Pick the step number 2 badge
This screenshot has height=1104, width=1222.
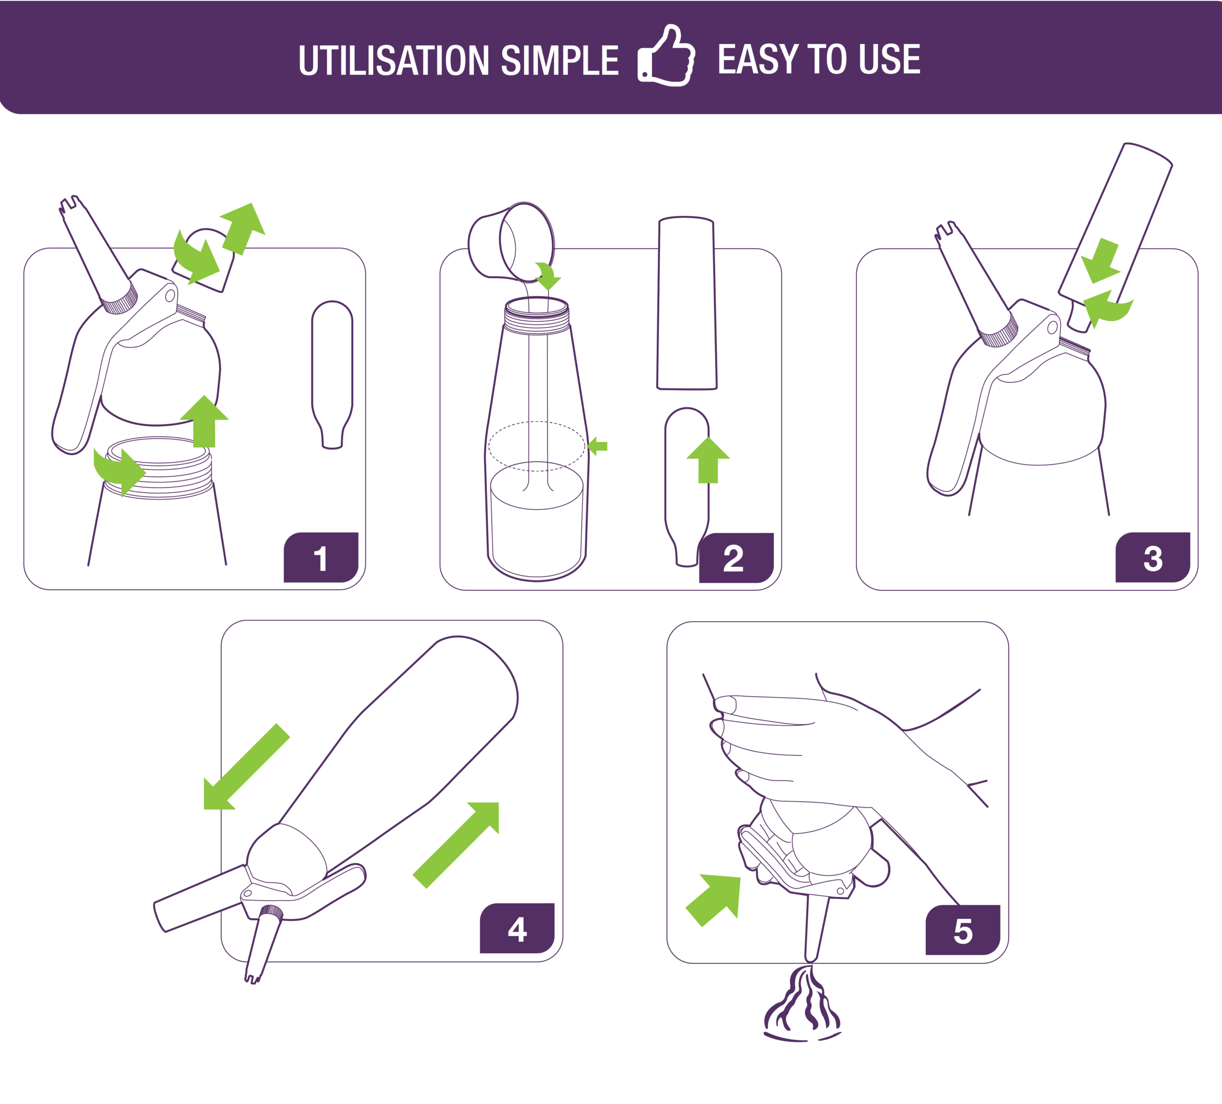[736, 558]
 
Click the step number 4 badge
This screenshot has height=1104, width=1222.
[517, 928]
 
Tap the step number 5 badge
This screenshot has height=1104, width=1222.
[963, 929]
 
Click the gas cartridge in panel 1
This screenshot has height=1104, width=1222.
[332, 375]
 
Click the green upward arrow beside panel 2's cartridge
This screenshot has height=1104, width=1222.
[708, 460]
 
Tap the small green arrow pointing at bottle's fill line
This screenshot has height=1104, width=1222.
[598, 446]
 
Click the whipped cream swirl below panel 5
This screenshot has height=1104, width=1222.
[802, 1004]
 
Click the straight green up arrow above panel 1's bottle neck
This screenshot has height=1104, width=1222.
[204, 421]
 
